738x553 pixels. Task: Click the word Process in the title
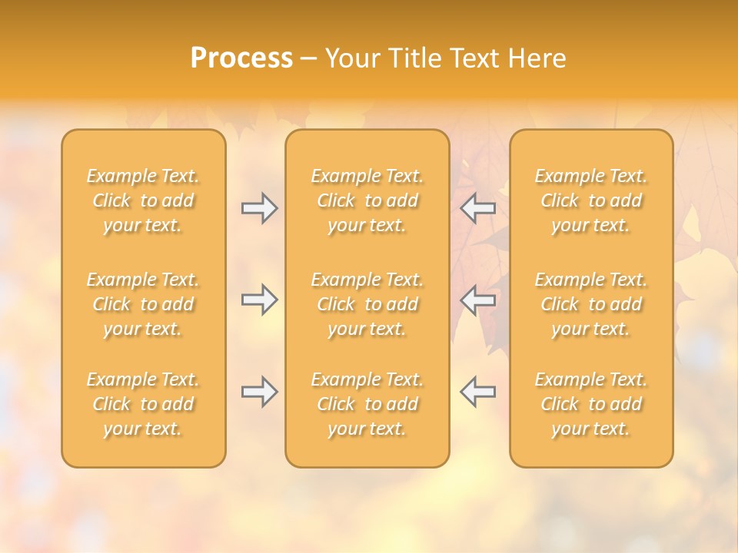coord(241,58)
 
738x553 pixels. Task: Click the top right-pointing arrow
coord(259,208)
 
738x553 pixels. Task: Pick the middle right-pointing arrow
coord(259,300)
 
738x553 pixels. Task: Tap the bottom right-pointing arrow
coord(259,392)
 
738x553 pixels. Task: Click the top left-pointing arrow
coord(477,208)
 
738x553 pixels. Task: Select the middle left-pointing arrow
coord(477,300)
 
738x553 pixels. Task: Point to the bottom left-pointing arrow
coord(477,392)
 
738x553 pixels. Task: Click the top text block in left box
coord(143,200)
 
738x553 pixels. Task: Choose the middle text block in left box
coord(143,304)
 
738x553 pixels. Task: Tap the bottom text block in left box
coord(143,404)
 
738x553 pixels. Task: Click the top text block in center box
coord(367,200)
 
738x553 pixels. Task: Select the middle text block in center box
coord(367,304)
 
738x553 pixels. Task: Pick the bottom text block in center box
coord(367,404)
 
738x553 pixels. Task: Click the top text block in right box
coord(591,200)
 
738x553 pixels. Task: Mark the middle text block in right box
coord(591,304)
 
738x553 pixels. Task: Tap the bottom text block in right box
coord(591,404)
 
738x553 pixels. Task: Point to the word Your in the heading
coord(350,58)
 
